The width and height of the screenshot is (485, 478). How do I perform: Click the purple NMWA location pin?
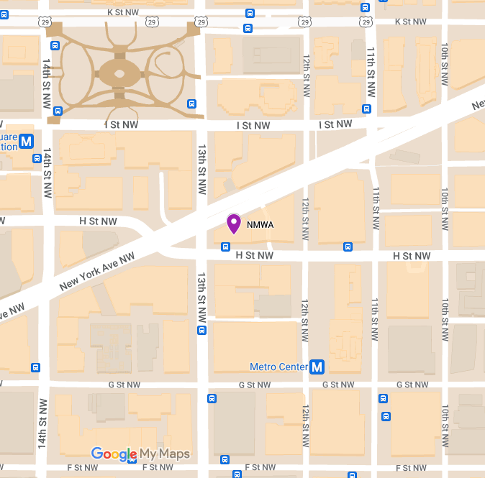pyautogui.click(x=234, y=223)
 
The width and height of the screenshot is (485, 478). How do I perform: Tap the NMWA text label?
pyautogui.click(x=260, y=225)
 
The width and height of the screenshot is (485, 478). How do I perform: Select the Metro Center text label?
pyautogui.click(x=278, y=367)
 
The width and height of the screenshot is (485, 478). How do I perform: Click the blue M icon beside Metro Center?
pyautogui.click(x=317, y=367)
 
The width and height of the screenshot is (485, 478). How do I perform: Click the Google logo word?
pyautogui.click(x=114, y=454)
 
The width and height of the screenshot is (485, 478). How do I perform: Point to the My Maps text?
pyautogui.click(x=165, y=454)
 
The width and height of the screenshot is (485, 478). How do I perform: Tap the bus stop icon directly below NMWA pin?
pyautogui.click(x=226, y=247)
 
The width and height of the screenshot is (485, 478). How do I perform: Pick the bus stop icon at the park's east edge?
pyautogui.click(x=191, y=104)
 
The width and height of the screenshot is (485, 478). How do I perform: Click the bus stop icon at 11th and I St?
pyautogui.click(x=366, y=109)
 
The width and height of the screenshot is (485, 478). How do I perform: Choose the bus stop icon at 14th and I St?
pyautogui.click(x=57, y=111)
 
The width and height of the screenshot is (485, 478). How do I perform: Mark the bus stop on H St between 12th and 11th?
pyautogui.click(x=348, y=247)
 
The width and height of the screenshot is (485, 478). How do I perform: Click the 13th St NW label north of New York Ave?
pyautogui.click(x=202, y=161)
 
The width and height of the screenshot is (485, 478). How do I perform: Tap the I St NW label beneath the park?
pyautogui.click(x=121, y=125)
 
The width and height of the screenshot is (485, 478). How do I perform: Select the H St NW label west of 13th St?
pyautogui.click(x=98, y=221)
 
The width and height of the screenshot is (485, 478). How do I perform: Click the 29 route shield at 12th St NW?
pyautogui.click(x=305, y=22)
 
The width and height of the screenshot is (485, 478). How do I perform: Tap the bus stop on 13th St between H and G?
pyautogui.click(x=202, y=330)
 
